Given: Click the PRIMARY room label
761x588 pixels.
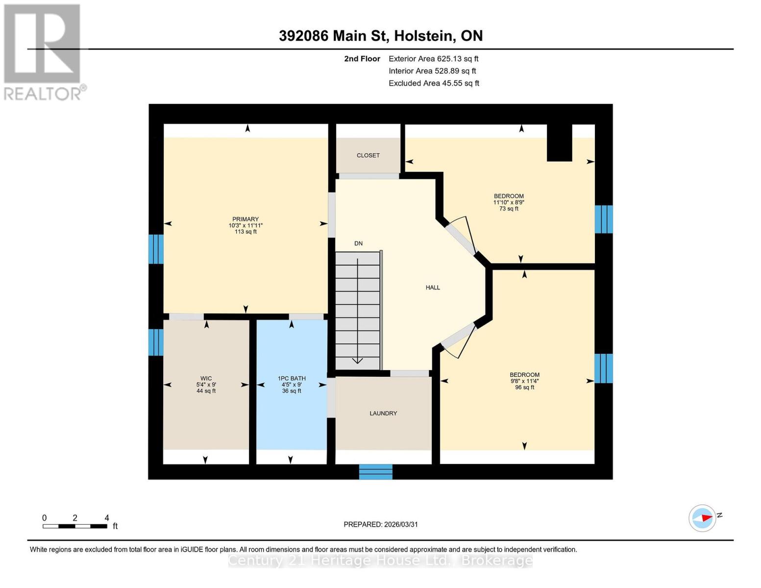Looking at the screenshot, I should pyautogui.click(x=245, y=220).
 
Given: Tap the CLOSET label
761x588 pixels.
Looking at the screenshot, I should pyautogui.click(x=368, y=155).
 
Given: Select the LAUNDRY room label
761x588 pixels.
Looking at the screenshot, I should pyautogui.click(x=383, y=414).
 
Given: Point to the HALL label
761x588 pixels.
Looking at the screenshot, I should pyautogui.click(x=433, y=288).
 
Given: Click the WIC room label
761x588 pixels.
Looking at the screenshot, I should pyautogui.click(x=206, y=378).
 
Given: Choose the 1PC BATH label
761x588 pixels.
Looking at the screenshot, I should pyautogui.click(x=292, y=378).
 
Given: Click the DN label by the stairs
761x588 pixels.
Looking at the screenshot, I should pyautogui.click(x=359, y=244).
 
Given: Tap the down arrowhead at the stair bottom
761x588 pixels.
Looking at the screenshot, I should pyautogui.click(x=357, y=361).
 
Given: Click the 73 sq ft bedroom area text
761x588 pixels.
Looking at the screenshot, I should pyautogui.click(x=509, y=209).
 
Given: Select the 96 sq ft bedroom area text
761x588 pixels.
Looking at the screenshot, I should pyautogui.click(x=524, y=388).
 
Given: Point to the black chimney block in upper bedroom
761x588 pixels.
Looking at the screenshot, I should pyautogui.click(x=559, y=143).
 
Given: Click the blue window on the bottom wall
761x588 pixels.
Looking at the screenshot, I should pyautogui.click(x=376, y=471).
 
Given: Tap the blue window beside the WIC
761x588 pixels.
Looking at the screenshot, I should pyautogui.click(x=156, y=342).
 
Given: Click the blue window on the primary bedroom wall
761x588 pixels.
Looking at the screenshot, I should pyautogui.click(x=156, y=249).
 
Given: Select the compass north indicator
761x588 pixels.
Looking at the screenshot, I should pyautogui.click(x=703, y=518).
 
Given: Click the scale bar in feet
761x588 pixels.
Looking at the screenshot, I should pyautogui.click(x=75, y=526).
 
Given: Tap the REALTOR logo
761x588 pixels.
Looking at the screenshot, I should pyautogui.click(x=43, y=51).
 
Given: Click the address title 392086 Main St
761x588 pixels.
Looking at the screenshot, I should pyautogui.click(x=380, y=36).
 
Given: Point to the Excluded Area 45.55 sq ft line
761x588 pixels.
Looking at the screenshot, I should pyautogui.click(x=434, y=83).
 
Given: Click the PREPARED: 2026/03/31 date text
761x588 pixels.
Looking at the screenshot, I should pyautogui.click(x=380, y=524).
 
